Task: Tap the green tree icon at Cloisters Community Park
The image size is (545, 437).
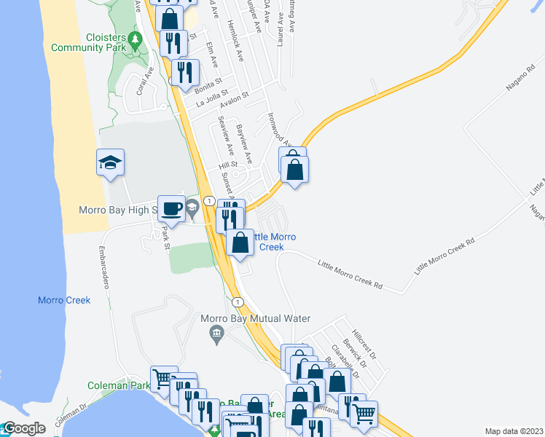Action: coord(134,39)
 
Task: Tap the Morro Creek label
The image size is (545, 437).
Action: coord(64,300)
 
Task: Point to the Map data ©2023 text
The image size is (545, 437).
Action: coord(514,431)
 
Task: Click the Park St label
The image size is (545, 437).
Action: coord(165,237)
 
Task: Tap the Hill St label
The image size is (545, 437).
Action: coord(228,165)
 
